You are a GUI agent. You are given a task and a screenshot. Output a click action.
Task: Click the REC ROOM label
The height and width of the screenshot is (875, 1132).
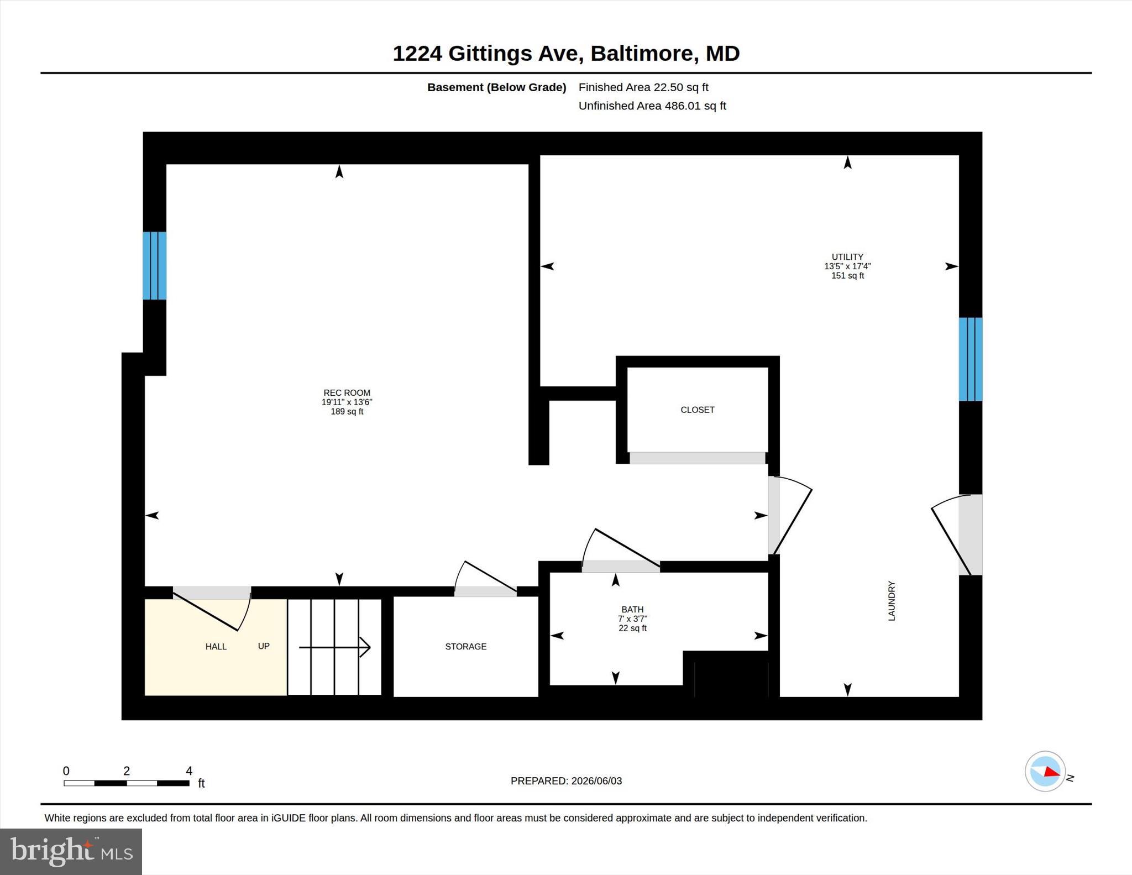(347, 393)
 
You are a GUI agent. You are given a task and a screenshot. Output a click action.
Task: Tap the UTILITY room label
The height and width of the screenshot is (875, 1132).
(847, 257)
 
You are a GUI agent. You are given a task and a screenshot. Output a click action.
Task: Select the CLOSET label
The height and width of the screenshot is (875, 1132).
(698, 410)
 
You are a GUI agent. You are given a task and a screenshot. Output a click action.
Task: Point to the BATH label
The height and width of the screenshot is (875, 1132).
(632, 610)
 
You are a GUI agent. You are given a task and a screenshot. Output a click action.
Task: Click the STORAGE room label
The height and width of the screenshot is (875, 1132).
(466, 647)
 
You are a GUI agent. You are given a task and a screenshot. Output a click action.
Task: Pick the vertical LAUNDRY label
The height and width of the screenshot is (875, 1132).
(892, 601)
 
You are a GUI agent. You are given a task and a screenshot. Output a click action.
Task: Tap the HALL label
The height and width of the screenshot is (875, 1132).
(216, 647)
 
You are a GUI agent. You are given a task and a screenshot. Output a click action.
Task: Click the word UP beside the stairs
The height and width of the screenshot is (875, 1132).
(264, 646)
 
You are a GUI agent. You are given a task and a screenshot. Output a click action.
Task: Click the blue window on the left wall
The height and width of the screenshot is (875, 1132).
(155, 266)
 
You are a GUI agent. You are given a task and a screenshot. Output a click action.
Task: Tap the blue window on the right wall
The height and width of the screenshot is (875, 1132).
(971, 359)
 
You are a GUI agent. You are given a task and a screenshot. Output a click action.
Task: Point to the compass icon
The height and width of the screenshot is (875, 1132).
(1045, 772)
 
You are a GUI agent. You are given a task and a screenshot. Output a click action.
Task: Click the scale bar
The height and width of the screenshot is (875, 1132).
(127, 783)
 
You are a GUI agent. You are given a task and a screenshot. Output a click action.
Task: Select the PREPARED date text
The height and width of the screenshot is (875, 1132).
(566, 781)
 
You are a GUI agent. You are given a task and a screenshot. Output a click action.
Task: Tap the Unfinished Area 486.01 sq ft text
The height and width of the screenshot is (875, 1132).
(652, 106)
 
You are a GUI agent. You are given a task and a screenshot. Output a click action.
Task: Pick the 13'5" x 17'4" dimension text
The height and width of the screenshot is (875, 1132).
(847, 266)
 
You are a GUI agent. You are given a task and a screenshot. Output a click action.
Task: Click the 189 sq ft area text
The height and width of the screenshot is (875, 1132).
(347, 412)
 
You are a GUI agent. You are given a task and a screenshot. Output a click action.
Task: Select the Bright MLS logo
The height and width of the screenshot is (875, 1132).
(71, 852)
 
